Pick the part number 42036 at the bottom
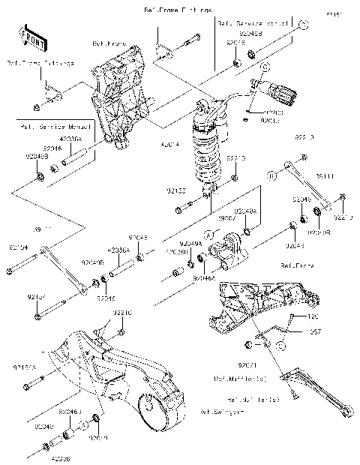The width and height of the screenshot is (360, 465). pos(61,456)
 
